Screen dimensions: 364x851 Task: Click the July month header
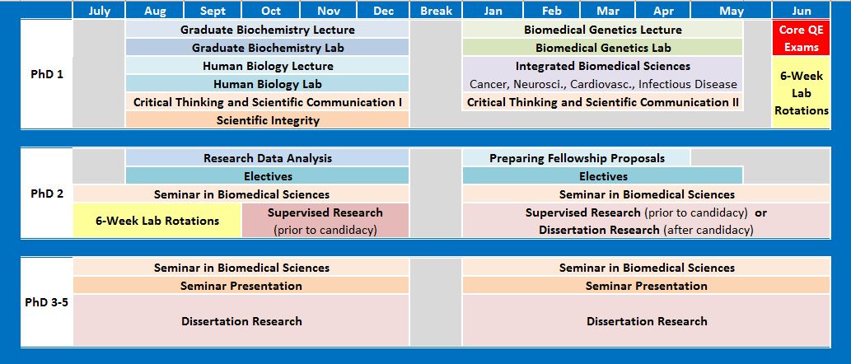(x=100, y=11)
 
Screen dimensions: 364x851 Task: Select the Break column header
(x=436, y=11)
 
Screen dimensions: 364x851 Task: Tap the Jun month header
(x=800, y=11)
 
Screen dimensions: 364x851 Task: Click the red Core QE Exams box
(x=800, y=38)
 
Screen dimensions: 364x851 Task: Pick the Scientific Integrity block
(x=268, y=120)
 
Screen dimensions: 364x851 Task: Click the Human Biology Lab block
(x=268, y=84)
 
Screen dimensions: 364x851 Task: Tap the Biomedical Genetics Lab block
(x=603, y=48)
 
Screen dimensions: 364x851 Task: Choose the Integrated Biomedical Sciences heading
(x=603, y=66)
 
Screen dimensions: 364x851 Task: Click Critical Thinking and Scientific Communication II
(x=603, y=102)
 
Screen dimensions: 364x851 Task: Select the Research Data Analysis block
(x=268, y=158)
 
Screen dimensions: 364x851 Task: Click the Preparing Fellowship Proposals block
(x=577, y=158)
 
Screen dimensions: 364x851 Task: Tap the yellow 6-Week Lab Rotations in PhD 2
(x=157, y=221)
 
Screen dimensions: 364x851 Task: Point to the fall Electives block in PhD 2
(x=268, y=176)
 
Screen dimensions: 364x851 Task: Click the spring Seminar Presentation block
(x=646, y=286)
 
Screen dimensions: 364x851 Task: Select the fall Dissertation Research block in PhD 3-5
(x=241, y=321)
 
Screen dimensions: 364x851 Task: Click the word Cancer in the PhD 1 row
(x=489, y=84)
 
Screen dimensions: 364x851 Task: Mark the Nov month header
(x=329, y=11)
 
